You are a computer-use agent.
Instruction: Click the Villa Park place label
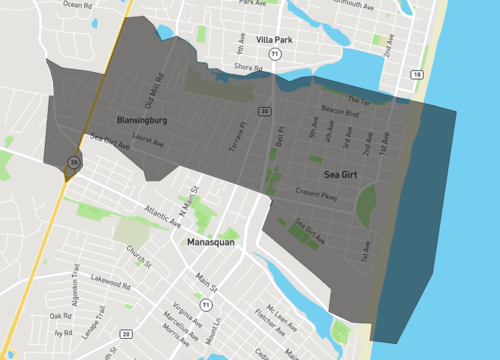coord(273,40)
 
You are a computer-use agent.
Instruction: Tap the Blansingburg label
coord(140,120)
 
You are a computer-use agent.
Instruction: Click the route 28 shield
coord(126,333)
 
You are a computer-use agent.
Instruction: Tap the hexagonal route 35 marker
coord(73,161)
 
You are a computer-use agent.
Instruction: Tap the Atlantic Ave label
coord(162,216)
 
